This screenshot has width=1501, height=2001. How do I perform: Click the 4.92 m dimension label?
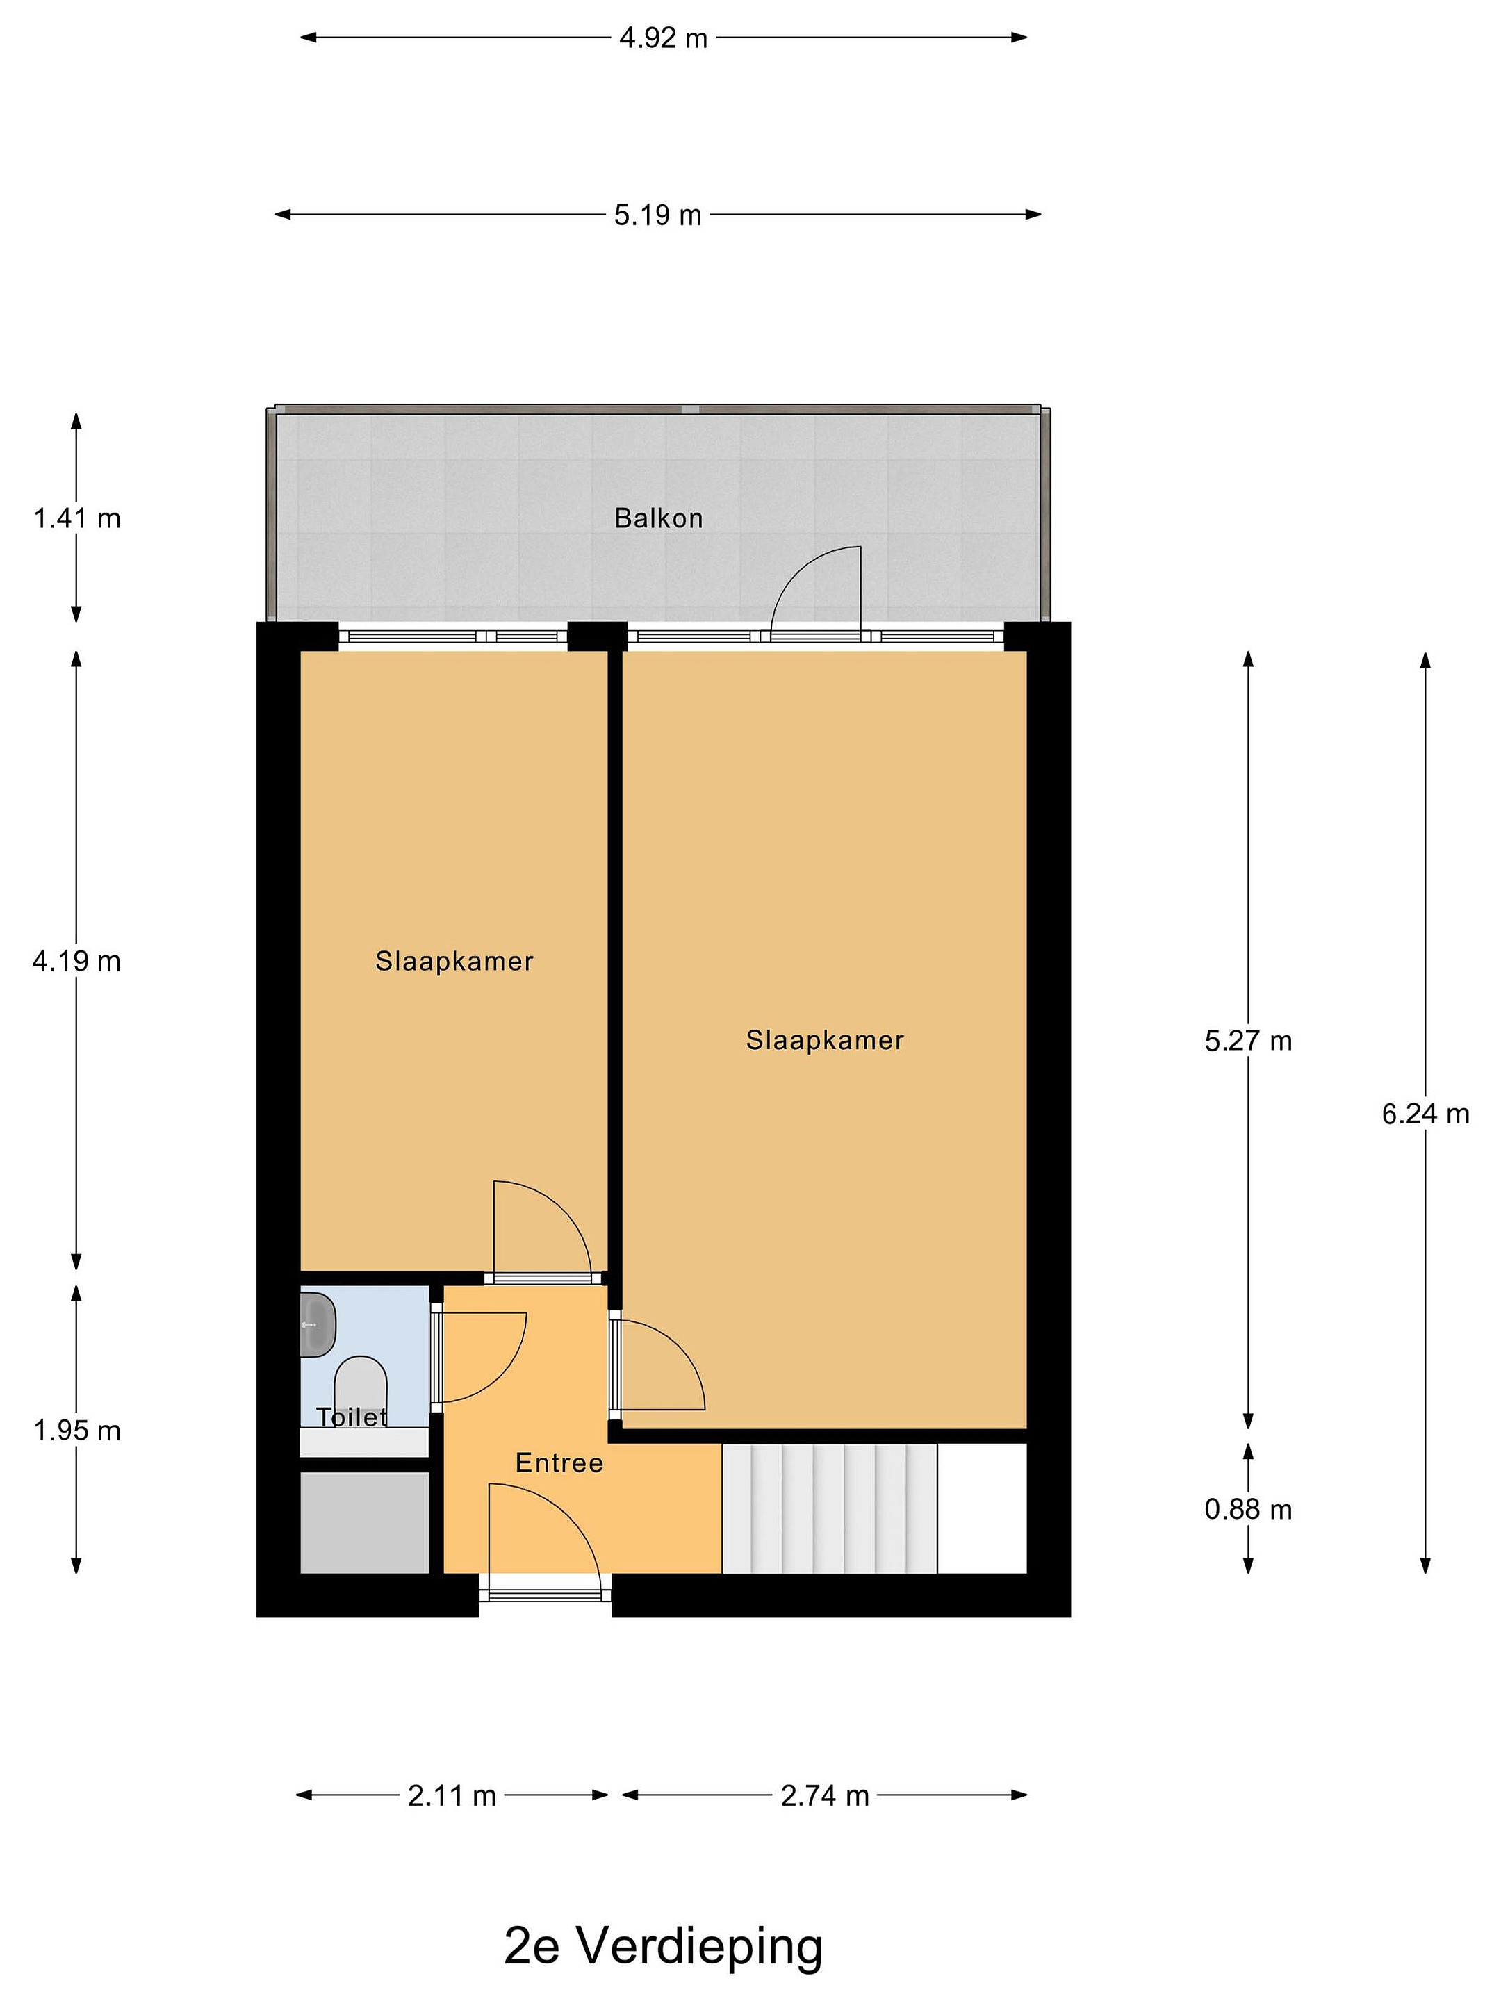(663, 39)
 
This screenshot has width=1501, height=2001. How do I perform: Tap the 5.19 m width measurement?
(658, 215)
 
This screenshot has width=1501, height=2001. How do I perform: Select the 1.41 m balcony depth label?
(77, 518)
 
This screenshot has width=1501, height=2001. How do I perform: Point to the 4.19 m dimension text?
(77, 961)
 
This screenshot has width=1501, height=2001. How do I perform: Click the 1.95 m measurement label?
(77, 1430)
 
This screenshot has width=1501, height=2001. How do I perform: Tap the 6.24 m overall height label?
(1425, 1114)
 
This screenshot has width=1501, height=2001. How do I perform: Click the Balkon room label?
(659, 518)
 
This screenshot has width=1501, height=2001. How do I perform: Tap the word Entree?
(559, 1463)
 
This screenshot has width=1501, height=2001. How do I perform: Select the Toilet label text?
(352, 1417)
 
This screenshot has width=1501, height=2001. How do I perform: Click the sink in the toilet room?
(318, 1324)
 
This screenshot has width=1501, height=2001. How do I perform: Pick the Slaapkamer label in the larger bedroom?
(824, 1040)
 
